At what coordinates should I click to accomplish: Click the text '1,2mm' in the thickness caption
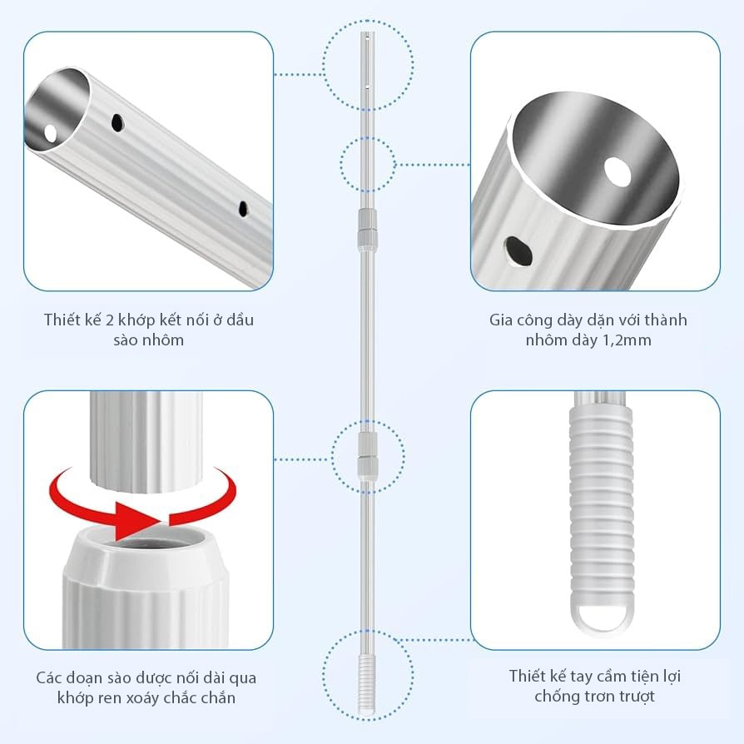(627, 340)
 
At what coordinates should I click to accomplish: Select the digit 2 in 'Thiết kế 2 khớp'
(109, 320)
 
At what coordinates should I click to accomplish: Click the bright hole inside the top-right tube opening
(618, 171)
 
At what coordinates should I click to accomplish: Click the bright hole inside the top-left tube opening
(50, 133)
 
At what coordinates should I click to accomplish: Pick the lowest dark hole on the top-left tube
(243, 208)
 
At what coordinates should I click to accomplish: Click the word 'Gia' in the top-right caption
(501, 320)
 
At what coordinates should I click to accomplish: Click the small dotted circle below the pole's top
(368, 165)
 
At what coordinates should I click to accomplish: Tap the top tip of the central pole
(368, 32)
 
